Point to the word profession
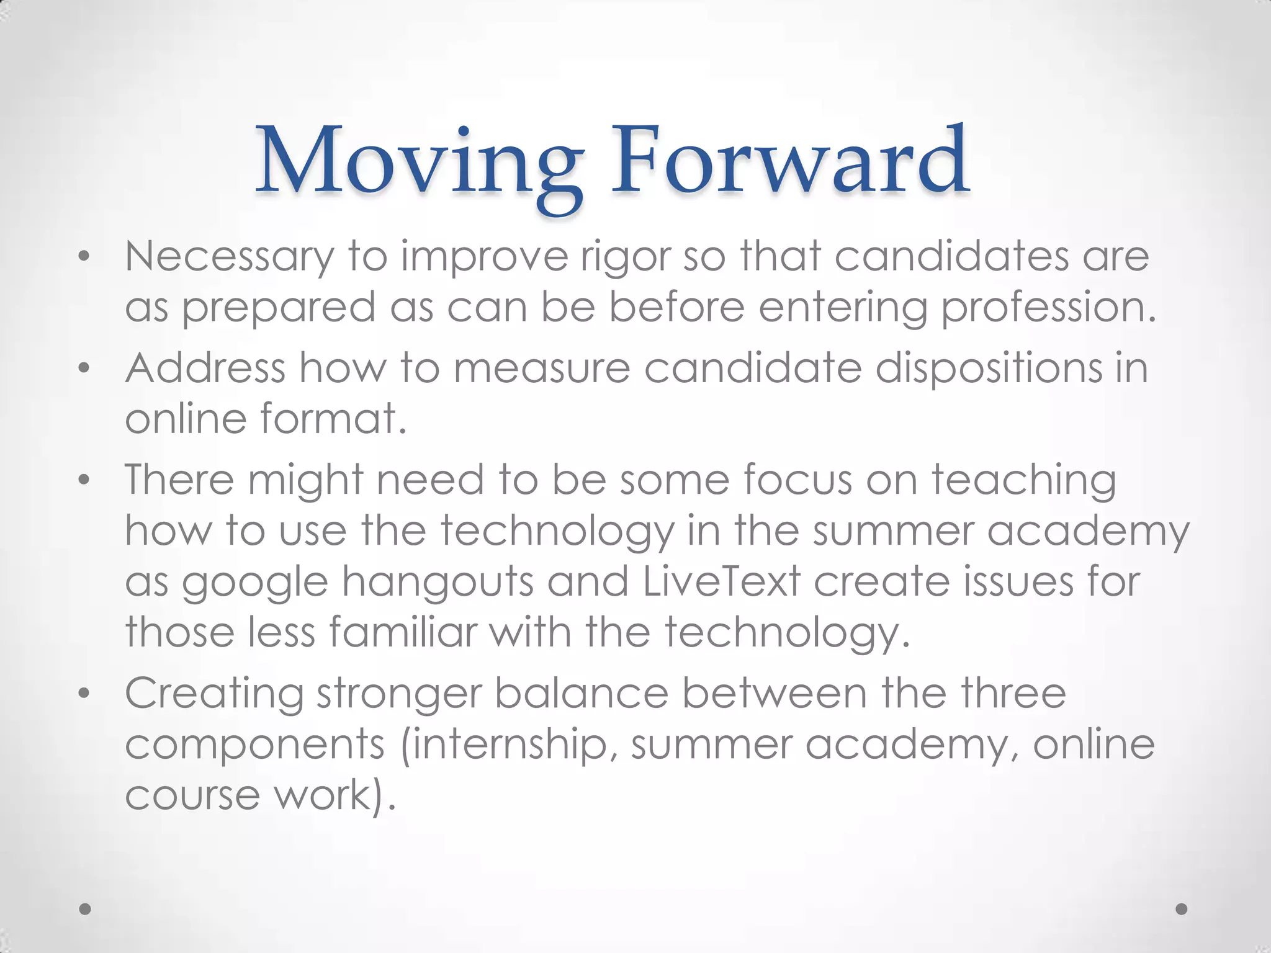[x=1049, y=308]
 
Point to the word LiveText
[x=721, y=581]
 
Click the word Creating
[x=214, y=694]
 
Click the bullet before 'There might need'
[x=85, y=480]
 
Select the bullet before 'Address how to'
[x=85, y=368]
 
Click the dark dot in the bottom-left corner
[x=86, y=909]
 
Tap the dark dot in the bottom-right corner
[x=1182, y=909]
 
